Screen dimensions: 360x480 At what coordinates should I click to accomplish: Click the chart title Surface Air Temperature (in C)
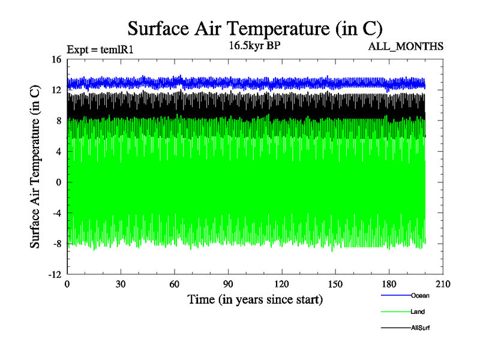(255, 28)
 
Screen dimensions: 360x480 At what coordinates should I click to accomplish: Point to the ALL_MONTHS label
(410, 46)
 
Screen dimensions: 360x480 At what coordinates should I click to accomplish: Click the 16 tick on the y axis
(57, 59)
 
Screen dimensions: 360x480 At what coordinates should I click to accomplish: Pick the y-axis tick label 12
(57, 90)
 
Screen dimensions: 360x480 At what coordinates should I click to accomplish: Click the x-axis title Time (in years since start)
(255, 299)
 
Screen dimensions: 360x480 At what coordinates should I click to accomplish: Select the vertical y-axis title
(36, 167)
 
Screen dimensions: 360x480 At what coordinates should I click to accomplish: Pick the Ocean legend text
(420, 295)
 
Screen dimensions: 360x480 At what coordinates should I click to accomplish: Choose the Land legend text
(418, 311)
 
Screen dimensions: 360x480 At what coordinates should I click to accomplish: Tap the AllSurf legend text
(421, 328)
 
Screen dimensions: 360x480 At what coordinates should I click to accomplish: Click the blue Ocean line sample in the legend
(395, 295)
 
